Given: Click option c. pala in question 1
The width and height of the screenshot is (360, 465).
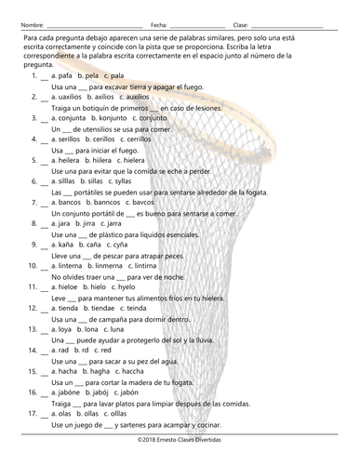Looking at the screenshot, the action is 114,73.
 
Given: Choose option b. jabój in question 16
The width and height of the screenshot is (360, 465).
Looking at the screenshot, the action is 100,393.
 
